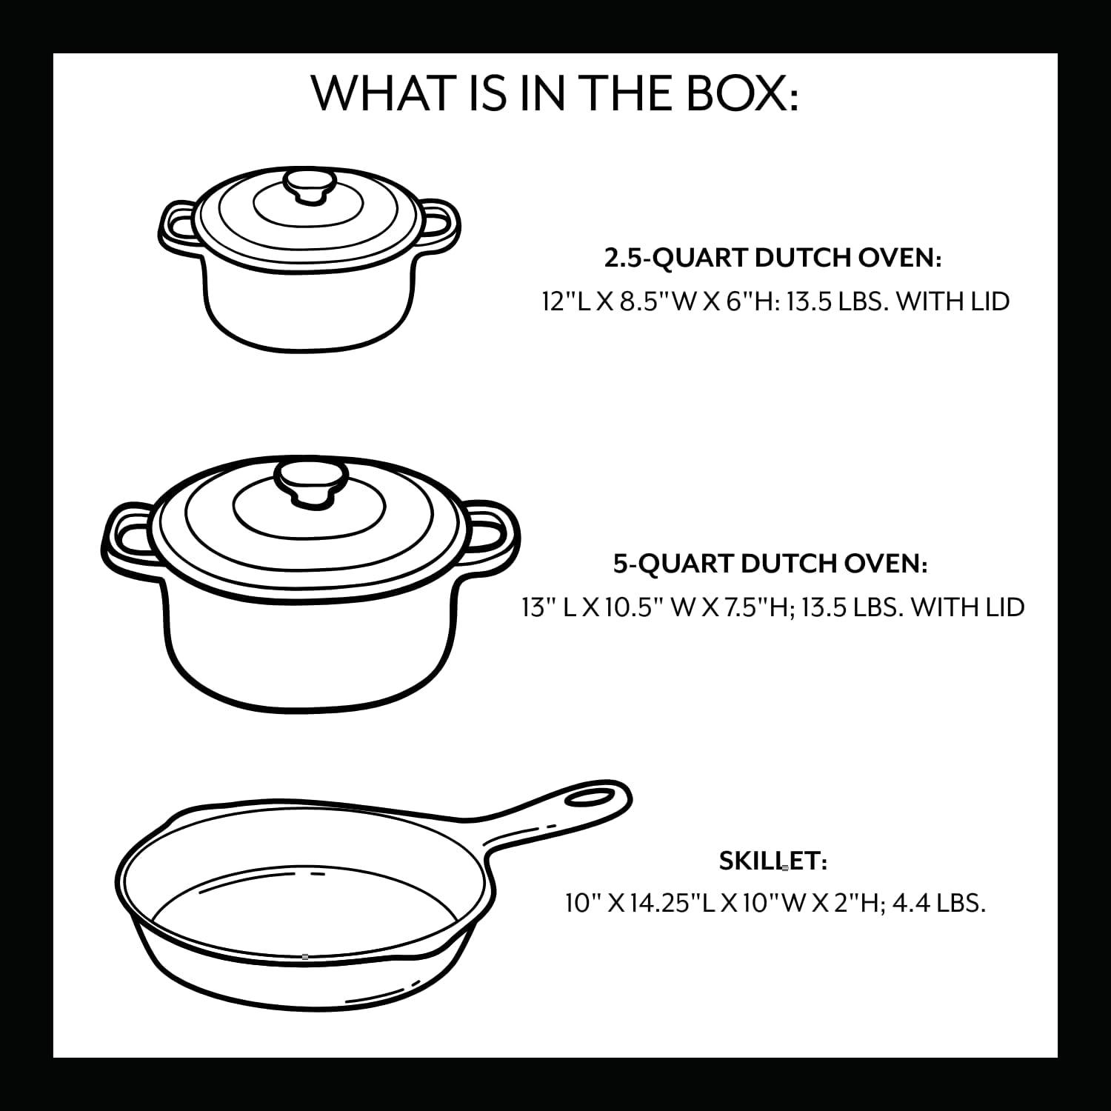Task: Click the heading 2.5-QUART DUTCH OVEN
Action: [x=773, y=258]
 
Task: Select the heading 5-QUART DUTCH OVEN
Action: [x=770, y=564]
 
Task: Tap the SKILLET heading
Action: [x=773, y=861]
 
